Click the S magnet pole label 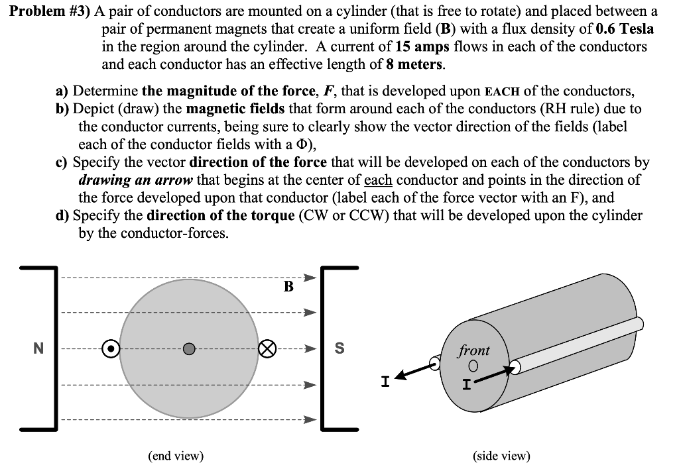tap(339, 348)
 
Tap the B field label tap(288, 286)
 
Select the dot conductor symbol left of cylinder tap(111, 347)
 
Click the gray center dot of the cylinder tap(189, 348)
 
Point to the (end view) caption tap(176, 455)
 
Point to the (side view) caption tap(502, 455)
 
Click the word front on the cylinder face tap(473, 350)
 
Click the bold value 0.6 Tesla tap(625, 29)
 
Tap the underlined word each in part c tap(378, 180)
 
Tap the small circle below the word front tap(473, 366)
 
